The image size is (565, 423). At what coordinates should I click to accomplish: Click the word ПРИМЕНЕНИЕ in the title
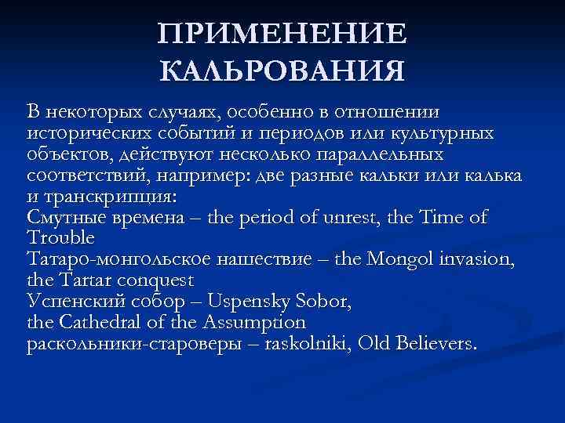[x=282, y=34]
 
